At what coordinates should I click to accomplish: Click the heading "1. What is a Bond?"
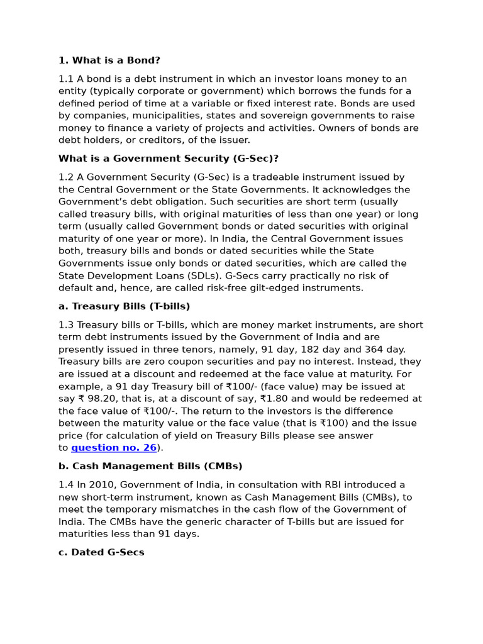(x=109, y=60)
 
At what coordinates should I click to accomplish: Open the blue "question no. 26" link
(x=114, y=448)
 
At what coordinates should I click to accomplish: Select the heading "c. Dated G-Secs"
(x=101, y=552)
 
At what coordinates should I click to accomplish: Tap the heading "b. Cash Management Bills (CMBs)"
(x=150, y=466)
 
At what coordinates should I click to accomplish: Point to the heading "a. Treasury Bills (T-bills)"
(x=124, y=306)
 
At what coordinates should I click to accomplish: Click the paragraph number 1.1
(x=66, y=79)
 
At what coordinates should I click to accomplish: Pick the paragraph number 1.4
(x=66, y=485)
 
